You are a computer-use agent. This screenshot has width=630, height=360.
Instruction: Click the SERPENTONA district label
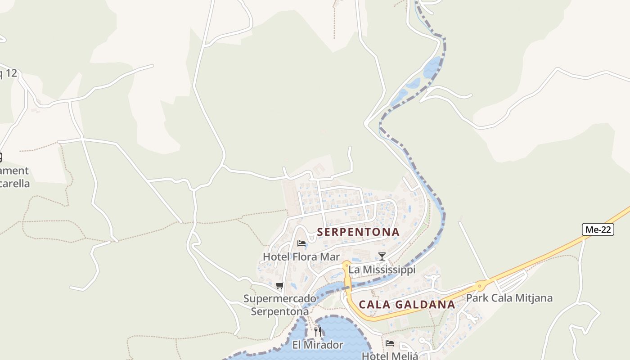[358, 232]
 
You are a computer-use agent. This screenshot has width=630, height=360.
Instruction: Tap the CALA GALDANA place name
[407, 305]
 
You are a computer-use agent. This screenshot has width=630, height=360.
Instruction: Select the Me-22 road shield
[598, 229]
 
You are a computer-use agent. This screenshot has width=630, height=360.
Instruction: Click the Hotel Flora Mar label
[301, 257]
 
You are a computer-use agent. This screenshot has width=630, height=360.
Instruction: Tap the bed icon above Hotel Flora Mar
[301, 243]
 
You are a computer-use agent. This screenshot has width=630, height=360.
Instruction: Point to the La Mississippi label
[382, 270]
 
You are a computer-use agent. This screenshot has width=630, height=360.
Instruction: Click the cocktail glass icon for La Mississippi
[382, 256]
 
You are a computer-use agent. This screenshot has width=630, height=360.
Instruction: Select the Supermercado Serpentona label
[280, 305]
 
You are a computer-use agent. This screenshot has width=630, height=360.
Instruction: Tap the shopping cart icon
[280, 285]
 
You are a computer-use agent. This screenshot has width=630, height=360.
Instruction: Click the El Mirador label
[318, 345]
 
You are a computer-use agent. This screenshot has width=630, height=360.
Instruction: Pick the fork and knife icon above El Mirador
[318, 332]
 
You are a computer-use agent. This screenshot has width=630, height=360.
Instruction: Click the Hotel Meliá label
[390, 355]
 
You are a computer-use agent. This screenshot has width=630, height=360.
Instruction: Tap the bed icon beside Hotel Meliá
[390, 343]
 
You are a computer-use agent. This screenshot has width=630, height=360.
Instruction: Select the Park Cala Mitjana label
[509, 298]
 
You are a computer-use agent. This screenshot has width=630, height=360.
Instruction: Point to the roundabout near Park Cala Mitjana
[480, 285]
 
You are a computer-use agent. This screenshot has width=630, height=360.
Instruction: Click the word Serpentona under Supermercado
[280, 311]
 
